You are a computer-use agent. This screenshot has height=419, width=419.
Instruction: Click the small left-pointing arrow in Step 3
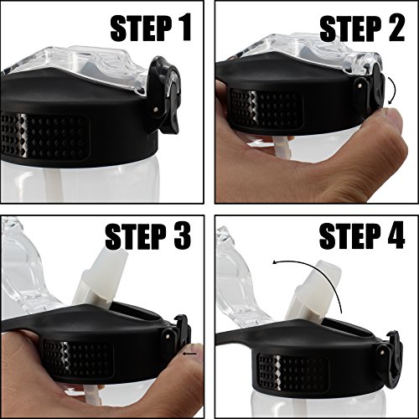pos(189,354)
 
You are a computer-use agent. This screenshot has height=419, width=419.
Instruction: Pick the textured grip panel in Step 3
pos(78,359)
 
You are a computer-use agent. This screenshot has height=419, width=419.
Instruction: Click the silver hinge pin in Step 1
pos(156,110)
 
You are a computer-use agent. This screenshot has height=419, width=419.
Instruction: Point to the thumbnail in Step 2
pos(394,119)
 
